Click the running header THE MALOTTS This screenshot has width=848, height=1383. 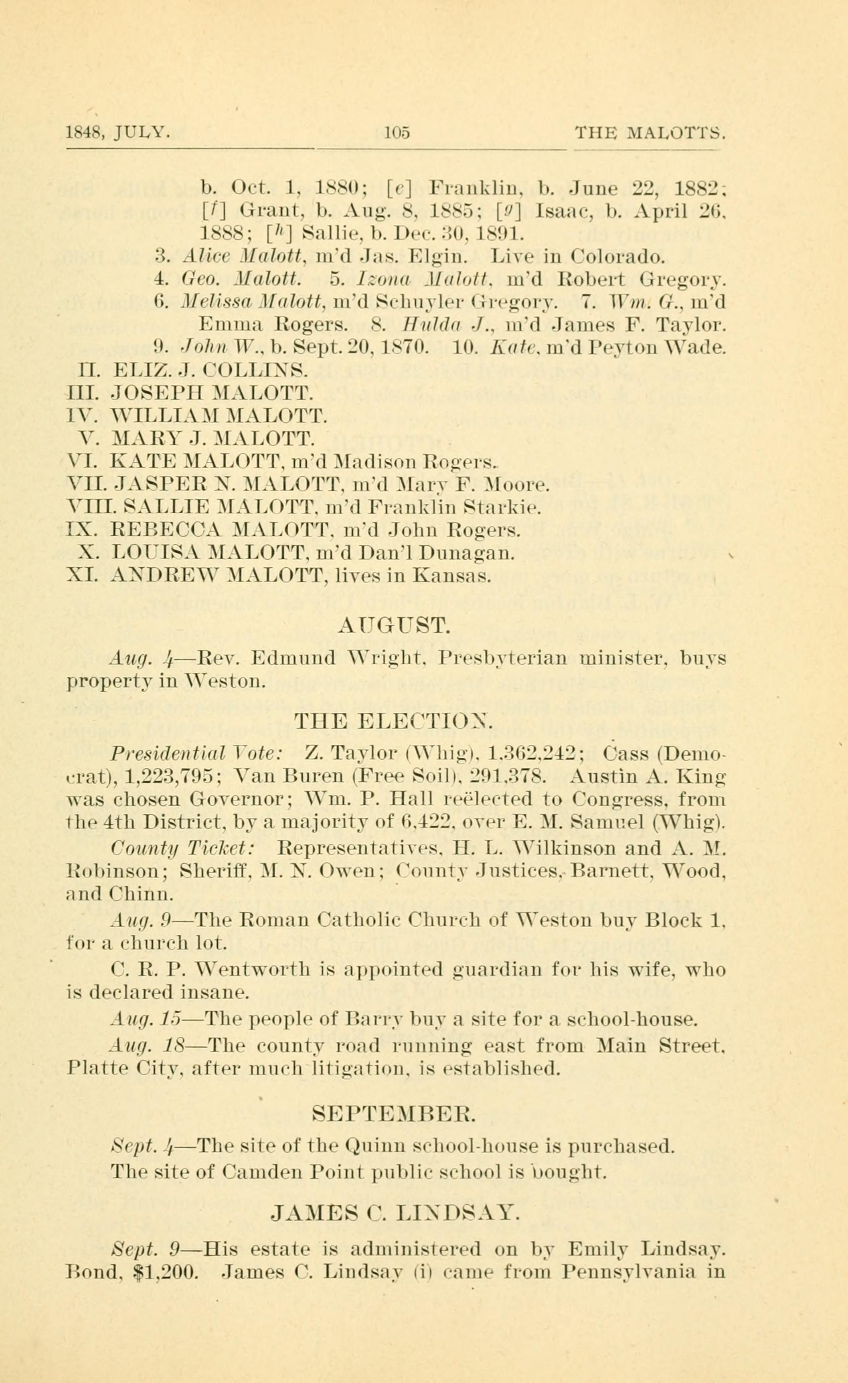pyautogui.click(x=650, y=133)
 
